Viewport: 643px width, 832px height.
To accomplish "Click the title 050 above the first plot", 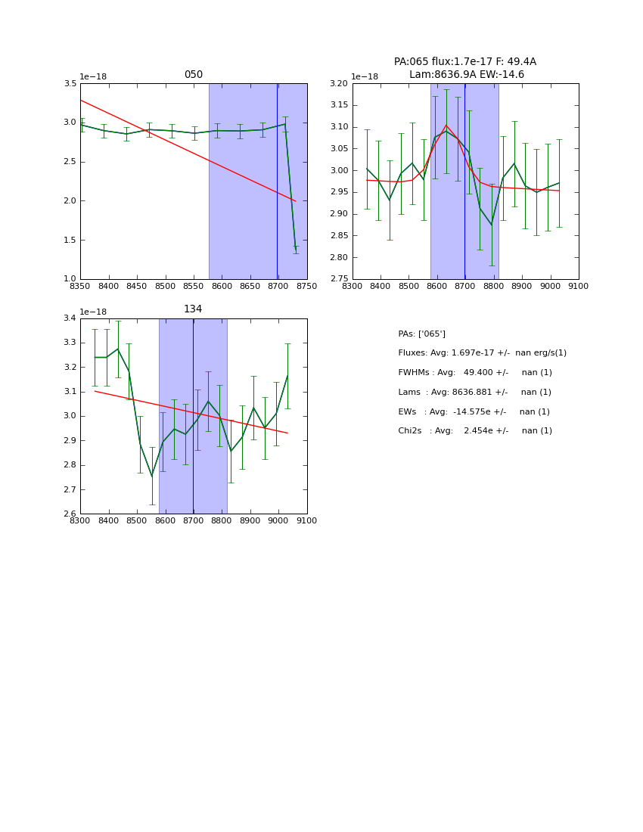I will coord(194,75).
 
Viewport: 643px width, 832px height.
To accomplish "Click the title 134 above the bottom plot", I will coord(193,309).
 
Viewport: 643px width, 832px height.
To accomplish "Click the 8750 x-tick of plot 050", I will coord(306,287).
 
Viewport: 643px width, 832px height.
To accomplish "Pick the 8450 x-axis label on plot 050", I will coord(136,287).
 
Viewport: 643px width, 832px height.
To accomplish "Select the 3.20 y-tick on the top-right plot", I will coord(338,83).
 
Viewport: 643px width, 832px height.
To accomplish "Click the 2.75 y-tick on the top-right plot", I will coord(338,279).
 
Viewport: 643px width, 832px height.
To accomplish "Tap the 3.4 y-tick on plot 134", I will coord(69,318).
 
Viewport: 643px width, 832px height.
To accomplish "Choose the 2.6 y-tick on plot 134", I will coord(69,514).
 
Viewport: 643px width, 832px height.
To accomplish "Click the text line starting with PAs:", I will coord(421,334).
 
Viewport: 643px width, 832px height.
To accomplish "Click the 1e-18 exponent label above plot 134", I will coord(93,312).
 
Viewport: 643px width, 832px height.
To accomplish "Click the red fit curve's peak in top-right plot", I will coord(446,126).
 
